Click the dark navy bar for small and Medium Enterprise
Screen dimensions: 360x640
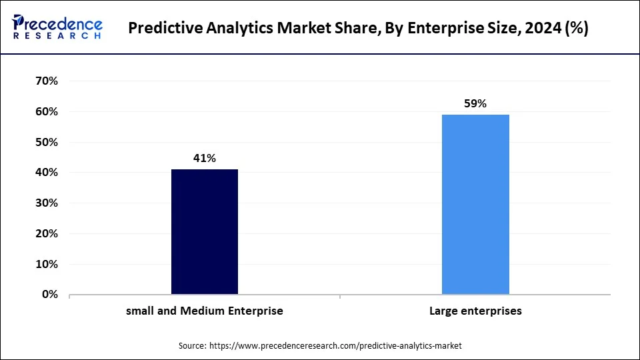(205, 231)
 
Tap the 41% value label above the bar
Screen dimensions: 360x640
(205, 158)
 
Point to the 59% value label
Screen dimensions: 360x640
(475, 103)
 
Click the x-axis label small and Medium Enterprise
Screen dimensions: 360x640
(205, 311)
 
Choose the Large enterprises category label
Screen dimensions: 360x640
(475, 311)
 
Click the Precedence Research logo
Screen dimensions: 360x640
(57, 27)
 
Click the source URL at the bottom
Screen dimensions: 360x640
(335, 346)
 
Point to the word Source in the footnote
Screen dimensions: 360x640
(192, 346)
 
